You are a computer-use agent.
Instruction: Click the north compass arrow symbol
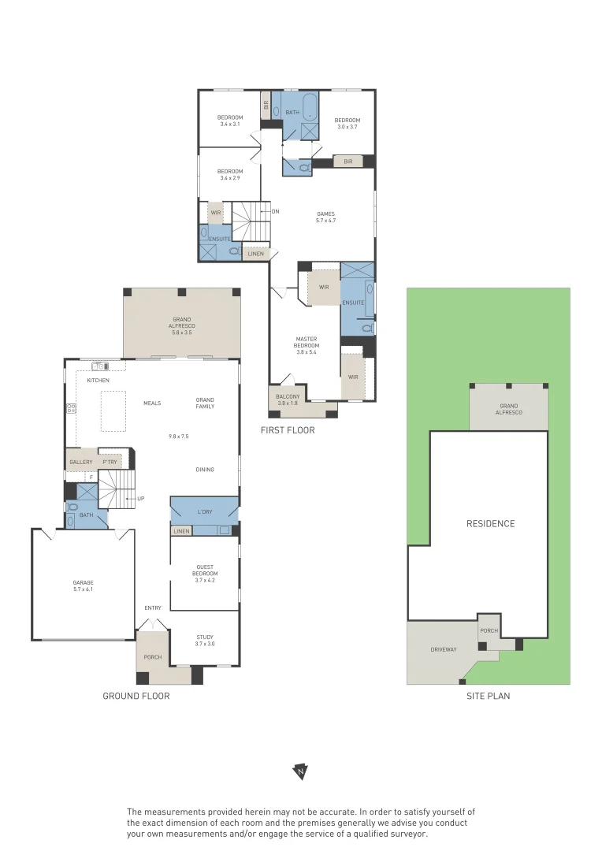click(300, 771)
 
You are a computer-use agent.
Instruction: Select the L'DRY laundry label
click(205, 512)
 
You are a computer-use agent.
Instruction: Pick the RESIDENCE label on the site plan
click(490, 524)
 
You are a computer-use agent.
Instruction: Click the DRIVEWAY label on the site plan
click(444, 649)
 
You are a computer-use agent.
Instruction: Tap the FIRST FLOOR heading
click(288, 430)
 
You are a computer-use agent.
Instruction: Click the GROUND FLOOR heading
click(136, 696)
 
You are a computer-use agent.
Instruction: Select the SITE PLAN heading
click(488, 696)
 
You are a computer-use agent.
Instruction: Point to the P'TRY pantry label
click(110, 462)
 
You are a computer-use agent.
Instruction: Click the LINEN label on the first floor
click(255, 254)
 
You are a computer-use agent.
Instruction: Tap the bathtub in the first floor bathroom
click(310, 106)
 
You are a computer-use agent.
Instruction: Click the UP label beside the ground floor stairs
click(140, 498)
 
